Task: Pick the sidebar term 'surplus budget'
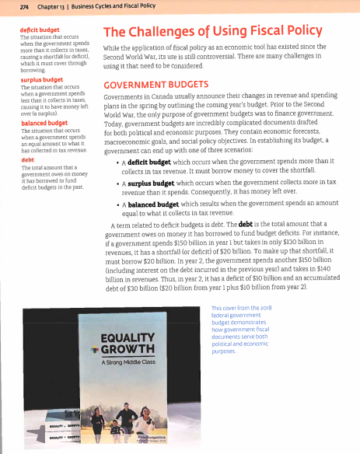(x=26, y=78)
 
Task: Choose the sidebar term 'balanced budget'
(x=28, y=122)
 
